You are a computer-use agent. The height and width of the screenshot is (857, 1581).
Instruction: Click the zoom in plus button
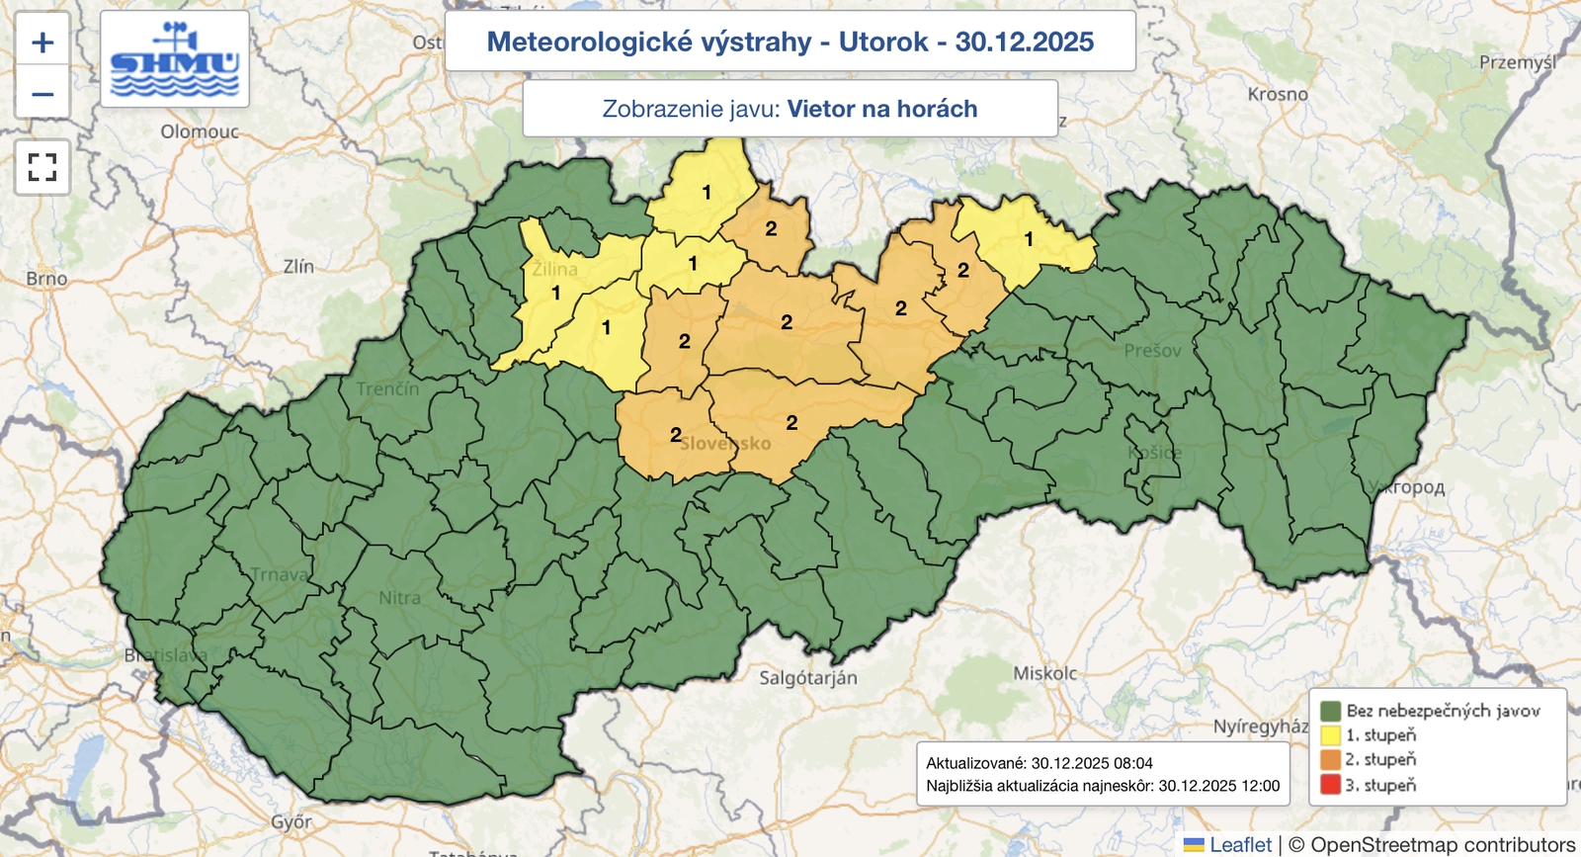pos(42,43)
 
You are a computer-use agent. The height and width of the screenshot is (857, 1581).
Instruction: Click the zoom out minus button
pos(42,94)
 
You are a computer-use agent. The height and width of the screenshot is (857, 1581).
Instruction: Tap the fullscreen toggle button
pos(42,167)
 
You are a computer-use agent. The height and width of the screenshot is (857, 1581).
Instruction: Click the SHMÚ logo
pos(175,59)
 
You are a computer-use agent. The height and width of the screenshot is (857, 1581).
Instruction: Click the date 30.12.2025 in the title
pos(1024,42)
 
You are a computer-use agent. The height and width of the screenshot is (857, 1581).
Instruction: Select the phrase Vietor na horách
pos(882,109)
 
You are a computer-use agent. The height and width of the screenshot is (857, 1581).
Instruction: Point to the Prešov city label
pos(1152,351)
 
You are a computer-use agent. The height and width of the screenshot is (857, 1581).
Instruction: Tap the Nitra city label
pos(399,598)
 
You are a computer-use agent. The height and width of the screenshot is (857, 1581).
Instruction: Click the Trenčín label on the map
pos(387,389)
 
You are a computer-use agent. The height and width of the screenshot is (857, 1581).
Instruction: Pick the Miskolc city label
pos(1045,673)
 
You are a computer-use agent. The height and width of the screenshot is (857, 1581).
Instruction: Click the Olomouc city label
pos(200,131)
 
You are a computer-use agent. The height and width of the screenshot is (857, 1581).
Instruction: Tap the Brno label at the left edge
pos(46,279)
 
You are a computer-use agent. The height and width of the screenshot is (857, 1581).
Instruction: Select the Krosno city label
pos(1277,95)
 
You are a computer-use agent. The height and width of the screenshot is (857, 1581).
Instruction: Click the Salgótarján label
pos(807,678)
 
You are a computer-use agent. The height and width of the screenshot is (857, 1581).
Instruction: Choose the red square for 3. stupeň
pos(1330,785)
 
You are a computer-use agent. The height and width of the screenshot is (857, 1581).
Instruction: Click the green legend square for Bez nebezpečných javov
pos(1330,711)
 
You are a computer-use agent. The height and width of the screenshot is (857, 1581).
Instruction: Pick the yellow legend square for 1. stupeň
pos(1330,735)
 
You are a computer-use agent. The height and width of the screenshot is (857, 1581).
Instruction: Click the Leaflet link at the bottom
pos(1240,844)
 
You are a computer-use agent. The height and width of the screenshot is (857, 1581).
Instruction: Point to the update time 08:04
pos(1132,763)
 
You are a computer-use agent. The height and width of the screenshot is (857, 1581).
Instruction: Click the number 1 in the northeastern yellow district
pos(1029,239)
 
